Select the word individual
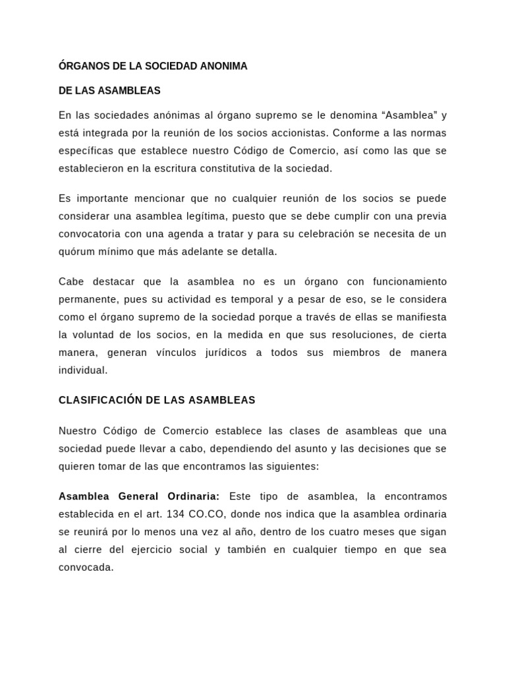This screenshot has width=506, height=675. pyautogui.click(x=82, y=370)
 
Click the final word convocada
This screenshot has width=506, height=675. pyautogui.click(x=86, y=567)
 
